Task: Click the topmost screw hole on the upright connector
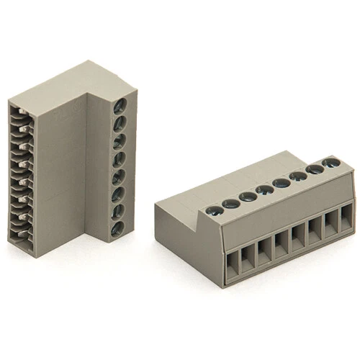[x=120, y=105]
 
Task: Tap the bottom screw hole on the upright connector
[x=117, y=229]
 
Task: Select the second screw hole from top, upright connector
[x=119, y=123]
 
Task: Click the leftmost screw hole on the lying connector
[x=214, y=211]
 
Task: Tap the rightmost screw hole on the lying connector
[x=331, y=163]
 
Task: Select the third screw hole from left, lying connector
[x=248, y=196]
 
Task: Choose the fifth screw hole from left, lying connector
[x=281, y=183]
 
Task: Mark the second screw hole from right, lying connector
[x=315, y=170]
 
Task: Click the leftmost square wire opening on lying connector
[x=233, y=266]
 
